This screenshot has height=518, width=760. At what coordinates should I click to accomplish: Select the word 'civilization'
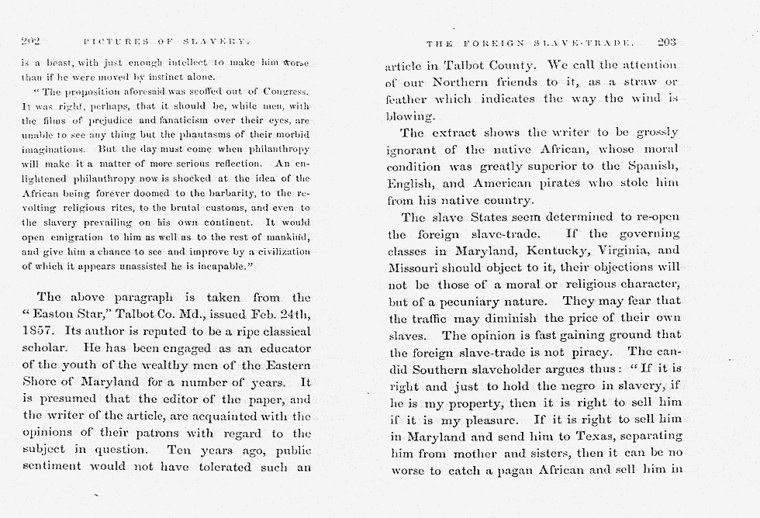276,251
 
